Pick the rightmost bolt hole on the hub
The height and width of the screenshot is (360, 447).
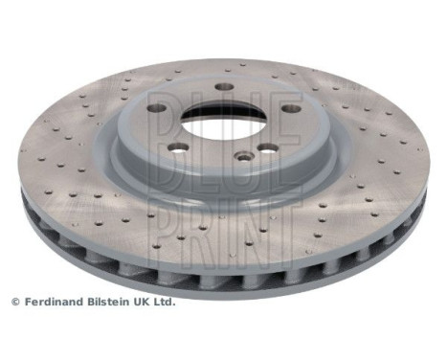(x=270, y=148)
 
